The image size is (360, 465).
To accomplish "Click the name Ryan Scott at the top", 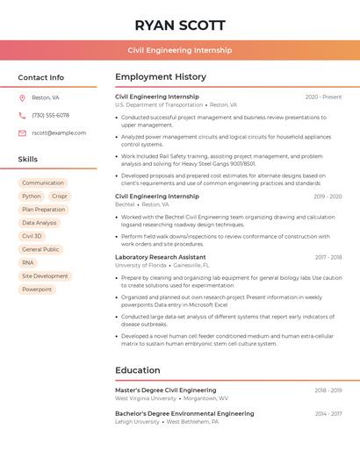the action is (x=180, y=25).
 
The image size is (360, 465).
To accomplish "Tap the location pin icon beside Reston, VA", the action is (x=22, y=97).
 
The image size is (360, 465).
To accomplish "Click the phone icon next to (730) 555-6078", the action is (x=22, y=115).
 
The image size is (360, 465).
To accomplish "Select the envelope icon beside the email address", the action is (x=22, y=132).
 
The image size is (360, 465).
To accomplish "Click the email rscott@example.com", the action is (x=59, y=132).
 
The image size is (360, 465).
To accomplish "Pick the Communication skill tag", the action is (x=43, y=182).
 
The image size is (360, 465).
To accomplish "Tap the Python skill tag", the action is (x=32, y=197).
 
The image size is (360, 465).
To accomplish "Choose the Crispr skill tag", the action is (x=60, y=197).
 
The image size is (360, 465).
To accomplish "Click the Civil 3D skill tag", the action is (x=32, y=236).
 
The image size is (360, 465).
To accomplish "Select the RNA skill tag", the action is (x=28, y=262).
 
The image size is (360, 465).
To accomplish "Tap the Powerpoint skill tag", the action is (x=37, y=289).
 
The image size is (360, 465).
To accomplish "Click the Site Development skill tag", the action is (x=45, y=275).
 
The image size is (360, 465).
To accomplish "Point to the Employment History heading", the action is (x=161, y=77).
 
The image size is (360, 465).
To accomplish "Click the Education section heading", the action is (x=137, y=370).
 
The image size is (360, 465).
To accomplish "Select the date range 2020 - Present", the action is (x=323, y=97).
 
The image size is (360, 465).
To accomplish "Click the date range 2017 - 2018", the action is (x=328, y=257).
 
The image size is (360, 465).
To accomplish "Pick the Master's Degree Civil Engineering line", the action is (x=165, y=390).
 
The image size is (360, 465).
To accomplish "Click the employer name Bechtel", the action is (x=125, y=204).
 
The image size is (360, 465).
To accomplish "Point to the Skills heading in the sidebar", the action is (x=28, y=159).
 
